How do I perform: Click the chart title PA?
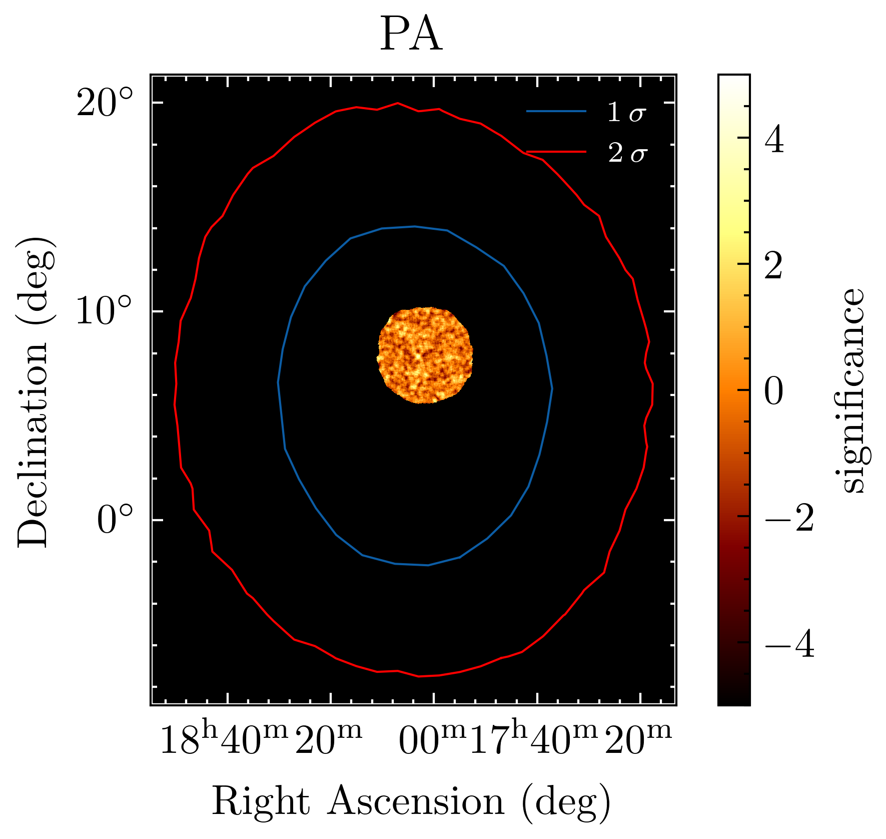click(411, 36)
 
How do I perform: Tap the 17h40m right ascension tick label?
click(533, 740)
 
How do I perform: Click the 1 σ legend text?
click(627, 113)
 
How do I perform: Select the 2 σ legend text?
click(627, 153)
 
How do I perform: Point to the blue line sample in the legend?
click(556, 111)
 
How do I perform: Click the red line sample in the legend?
click(556, 151)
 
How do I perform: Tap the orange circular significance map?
click(425, 355)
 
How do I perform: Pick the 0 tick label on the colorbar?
click(774, 390)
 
